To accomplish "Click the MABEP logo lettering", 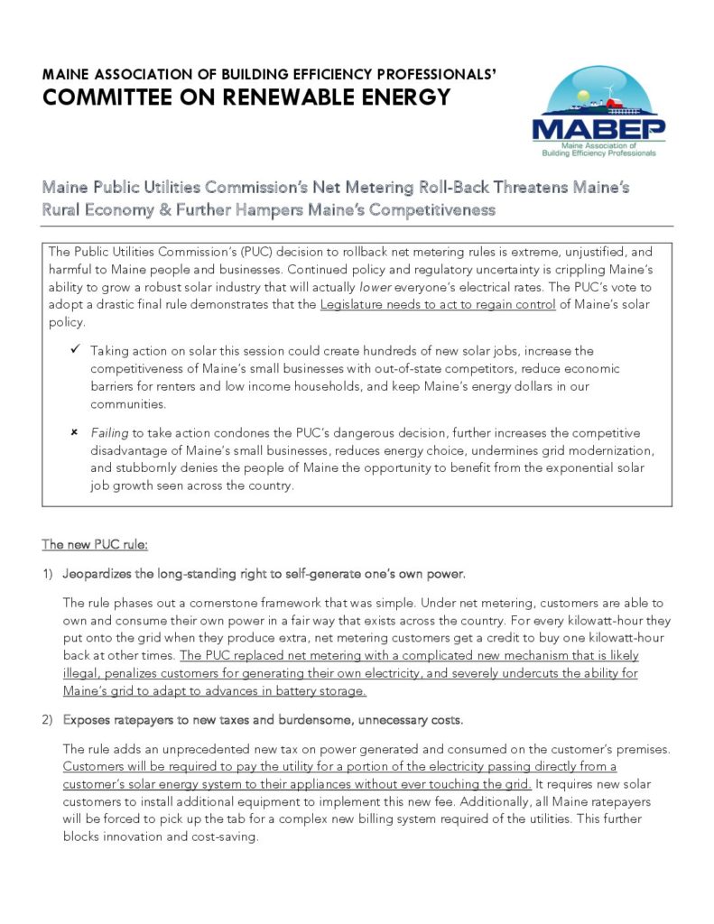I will click(x=598, y=129).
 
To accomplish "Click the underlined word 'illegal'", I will click(x=82, y=674).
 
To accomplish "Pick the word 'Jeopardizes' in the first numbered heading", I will click(x=98, y=574).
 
